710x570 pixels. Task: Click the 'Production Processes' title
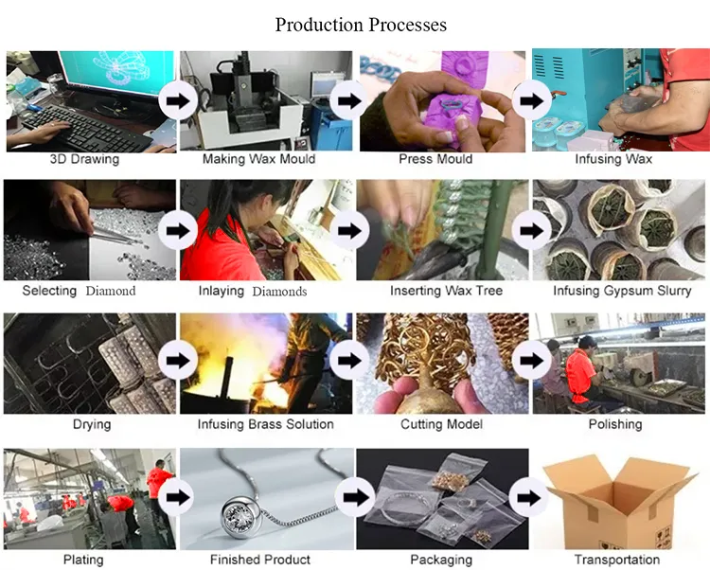click(x=361, y=24)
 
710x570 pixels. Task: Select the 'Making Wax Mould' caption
click(x=259, y=159)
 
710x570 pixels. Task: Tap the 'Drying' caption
click(x=92, y=424)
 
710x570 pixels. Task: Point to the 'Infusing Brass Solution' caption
click(x=265, y=424)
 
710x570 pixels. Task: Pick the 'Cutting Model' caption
click(x=441, y=424)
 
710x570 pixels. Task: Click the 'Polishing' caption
click(x=615, y=424)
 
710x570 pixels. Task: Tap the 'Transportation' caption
click(x=615, y=560)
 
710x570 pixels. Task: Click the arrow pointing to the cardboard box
click(x=526, y=497)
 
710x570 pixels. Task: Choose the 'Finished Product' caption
click(x=261, y=560)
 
